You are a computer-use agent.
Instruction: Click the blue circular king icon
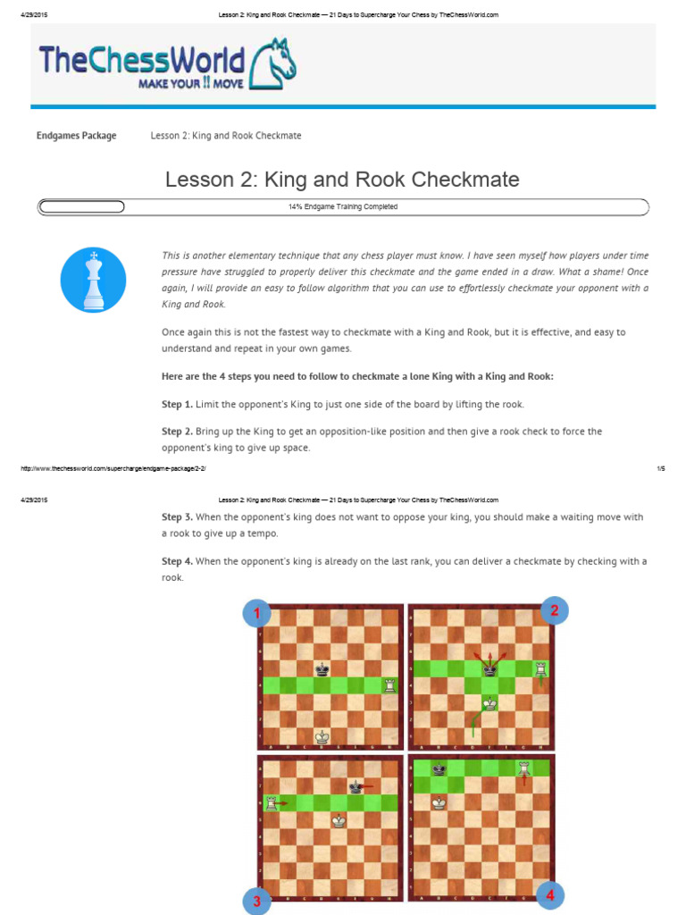tap(93, 280)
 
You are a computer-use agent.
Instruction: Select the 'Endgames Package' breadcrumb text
tap(76, 136)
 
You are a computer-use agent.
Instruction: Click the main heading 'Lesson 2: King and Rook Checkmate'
tap(342, 179)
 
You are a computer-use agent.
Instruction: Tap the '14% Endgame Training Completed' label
tap(342, 206)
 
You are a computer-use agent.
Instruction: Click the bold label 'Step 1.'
tap(177, 405)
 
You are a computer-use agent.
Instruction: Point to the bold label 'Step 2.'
tap(177, 432)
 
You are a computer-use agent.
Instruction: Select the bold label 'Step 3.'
tap(177, 517)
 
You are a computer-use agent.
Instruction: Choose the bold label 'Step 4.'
tap(177, 561)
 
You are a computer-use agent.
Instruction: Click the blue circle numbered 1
tap(257, 613)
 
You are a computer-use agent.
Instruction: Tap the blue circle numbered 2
tap(554, 611)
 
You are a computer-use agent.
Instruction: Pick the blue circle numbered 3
tap(256, 902)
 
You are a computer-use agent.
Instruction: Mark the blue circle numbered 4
tap(551, 895)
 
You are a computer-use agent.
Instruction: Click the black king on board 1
tap(322, 668)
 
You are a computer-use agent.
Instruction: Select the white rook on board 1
tap(389, 685)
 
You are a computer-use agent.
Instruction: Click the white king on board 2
tap(489, 703)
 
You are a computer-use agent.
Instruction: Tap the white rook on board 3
tap(272, 803)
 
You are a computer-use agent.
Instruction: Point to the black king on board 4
tap(439, 768)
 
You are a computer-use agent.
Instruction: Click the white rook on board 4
tap(524, 768)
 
